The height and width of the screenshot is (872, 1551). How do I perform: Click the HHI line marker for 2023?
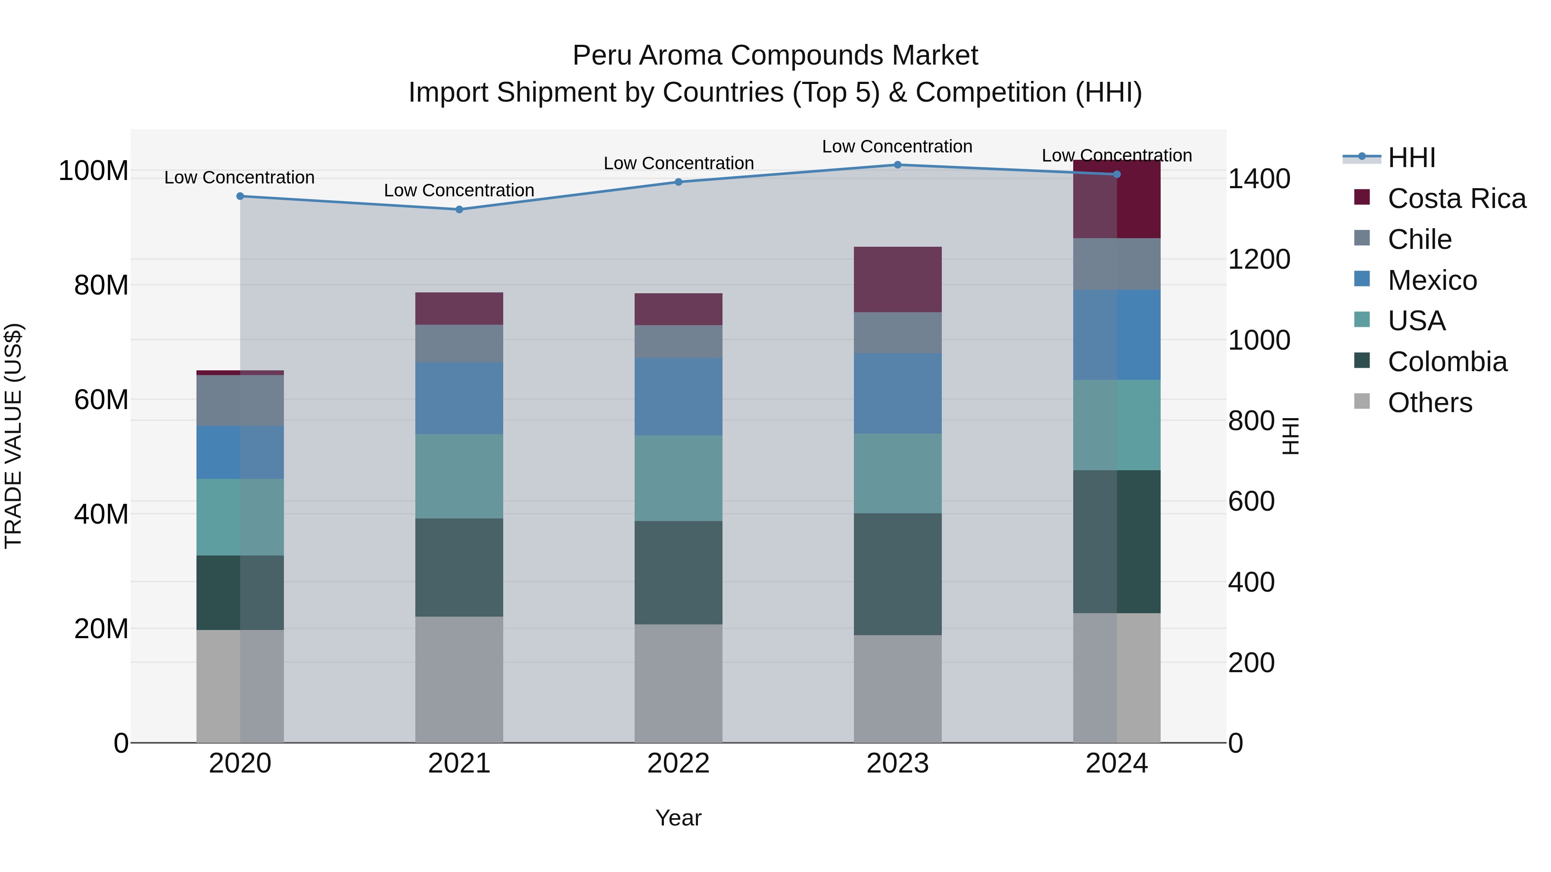pyautogui.click(x=897, y=165)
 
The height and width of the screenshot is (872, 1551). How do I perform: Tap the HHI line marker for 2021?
pyautogui.click(x=459, y=209)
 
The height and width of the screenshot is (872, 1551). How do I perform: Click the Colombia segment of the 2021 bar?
pyautogui.click(x=459, y=568)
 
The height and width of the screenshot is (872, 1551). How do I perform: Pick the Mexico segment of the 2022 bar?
pyautogui.click(x=678, y=397)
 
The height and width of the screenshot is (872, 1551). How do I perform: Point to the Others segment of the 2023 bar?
pyautogui.click(x=897, y=689)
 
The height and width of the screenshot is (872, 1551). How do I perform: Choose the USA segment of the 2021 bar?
pyautogui.click(x=459, y=476)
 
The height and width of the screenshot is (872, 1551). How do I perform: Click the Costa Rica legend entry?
pyautogui.click(x=1456, y=199)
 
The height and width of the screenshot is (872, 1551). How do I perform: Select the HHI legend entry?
pyautogui.click(x=1411, y=158)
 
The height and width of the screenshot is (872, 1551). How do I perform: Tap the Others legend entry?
pyautogui.click(x=1430, y=403)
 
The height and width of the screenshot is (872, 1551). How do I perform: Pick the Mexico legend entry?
pyautogui.click(x=1432, y=280)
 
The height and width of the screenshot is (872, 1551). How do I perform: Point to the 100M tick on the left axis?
pyautogui.click(x=93, y=171)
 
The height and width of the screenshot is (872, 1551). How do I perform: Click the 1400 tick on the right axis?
pyautogui.click(x=1258, y=179)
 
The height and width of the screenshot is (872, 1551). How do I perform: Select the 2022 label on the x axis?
pyautogui.click(x=678, y=763)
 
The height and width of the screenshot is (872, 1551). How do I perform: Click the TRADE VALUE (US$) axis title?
pyautogui.click(x=13, y=436)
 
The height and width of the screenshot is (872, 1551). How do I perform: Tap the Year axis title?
pyautogui.click(x=678, y=818)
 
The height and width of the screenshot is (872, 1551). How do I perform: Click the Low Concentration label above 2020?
pyautogui.click(x=239, y=177)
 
